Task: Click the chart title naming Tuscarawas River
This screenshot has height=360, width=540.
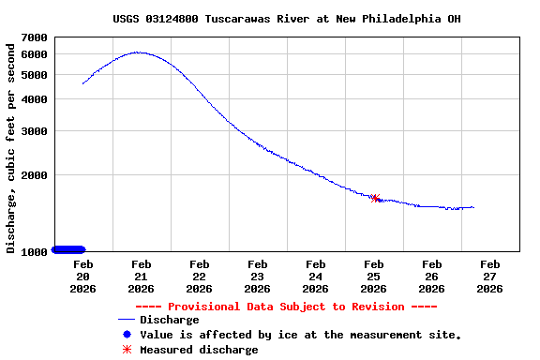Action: pos(286,19)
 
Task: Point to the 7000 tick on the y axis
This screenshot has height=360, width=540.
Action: pos(35,37)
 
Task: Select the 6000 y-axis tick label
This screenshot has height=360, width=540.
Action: pos(35,54)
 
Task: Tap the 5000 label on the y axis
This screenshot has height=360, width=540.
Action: pos(35,75)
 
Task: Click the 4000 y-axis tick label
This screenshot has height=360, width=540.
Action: pos(35,99)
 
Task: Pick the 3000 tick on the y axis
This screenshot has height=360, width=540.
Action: pos(35,131)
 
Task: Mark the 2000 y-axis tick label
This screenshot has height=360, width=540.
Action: pos(35,175)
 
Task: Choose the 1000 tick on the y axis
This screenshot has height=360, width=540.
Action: pos(35,251)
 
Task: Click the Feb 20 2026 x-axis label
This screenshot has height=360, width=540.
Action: pos(82,277)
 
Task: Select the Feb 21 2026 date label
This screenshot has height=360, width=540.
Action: pos(141,277)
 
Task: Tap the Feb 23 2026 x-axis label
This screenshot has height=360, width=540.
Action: pos(257,277)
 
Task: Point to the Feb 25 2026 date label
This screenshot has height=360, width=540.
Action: pos(373,277)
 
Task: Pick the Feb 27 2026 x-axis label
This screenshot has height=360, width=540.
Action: pos(489,277)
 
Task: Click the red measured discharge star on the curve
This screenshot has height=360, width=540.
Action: pos(375,198)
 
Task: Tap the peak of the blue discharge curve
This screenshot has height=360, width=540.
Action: pos(139,52)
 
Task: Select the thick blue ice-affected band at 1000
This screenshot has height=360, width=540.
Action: pos(68,249)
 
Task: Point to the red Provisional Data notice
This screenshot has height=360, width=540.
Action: pos(286,307)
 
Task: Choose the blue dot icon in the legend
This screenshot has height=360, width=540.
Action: pos(126,335)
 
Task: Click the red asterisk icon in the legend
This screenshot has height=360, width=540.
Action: pos(126,350)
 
